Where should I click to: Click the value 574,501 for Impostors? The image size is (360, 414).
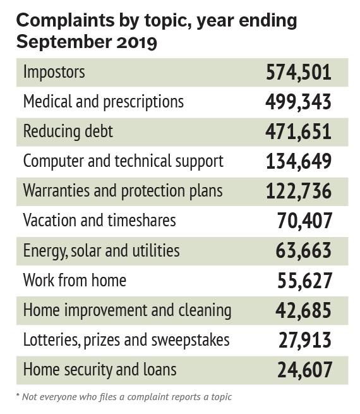[298, 72]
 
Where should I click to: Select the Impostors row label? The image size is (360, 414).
[54, 72]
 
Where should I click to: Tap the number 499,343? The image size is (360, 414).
[298, 102]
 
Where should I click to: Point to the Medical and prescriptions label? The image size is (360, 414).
[103, 101]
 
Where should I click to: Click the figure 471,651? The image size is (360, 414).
[298, 131]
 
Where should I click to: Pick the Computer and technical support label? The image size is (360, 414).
[123, 161]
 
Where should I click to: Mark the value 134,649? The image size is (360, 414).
[298, 161]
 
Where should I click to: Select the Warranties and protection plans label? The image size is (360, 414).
[123, 190]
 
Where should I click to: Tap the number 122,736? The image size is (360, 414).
[298, 191]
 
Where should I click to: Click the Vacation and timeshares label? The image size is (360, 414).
[99, 220]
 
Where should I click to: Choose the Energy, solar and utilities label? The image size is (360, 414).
[101, 250]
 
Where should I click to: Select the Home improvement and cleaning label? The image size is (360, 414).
[126, 310]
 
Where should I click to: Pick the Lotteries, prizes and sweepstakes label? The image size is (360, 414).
[126, 340]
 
